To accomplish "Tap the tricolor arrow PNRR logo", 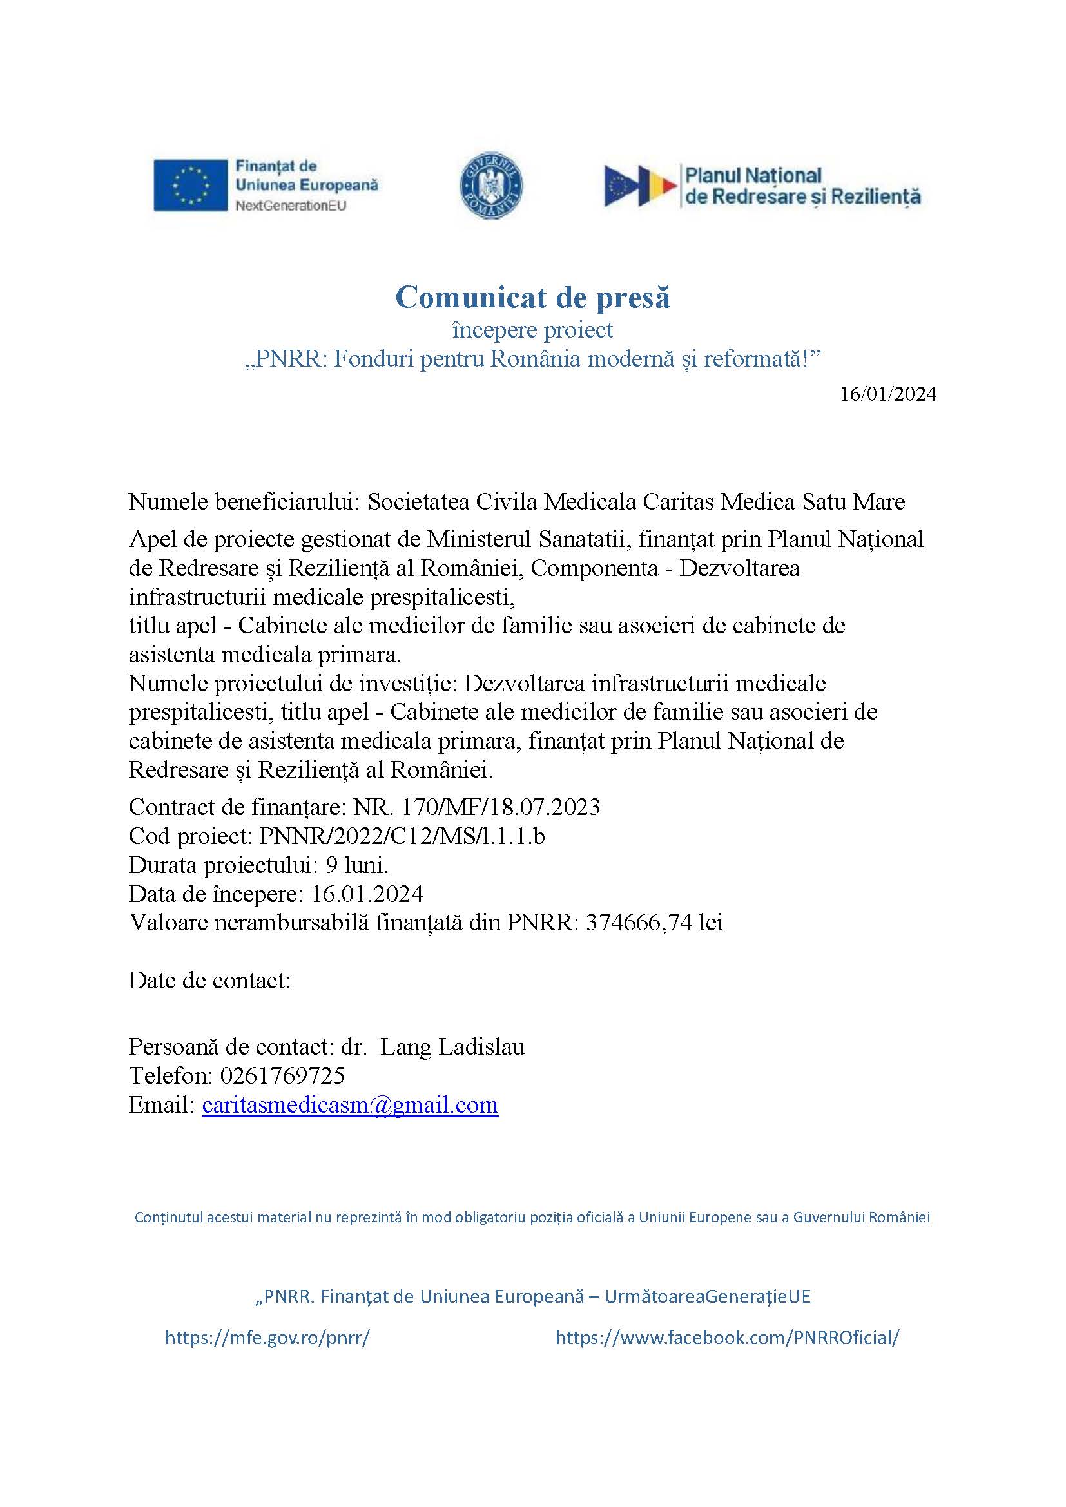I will pyautogui.click(x=640, y=186).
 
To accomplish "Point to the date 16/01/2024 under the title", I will pyautogui.click(x=887, y=394).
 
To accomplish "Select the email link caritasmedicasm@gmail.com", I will pyautogui.click(x=350, y=1105).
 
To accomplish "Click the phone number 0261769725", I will pyautogui.click(x=283, y=1076).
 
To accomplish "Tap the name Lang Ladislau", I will pyautogui.click(x=453, y=1046).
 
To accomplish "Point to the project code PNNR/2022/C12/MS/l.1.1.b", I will pyautogui.click(x=402, y=836).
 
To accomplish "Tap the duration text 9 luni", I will pyautogui.click(x=357, y=865).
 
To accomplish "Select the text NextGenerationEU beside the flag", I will pyautogui.click(x=291, y=206).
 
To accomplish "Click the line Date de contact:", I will pyautogui.click(x=209, y=980).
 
